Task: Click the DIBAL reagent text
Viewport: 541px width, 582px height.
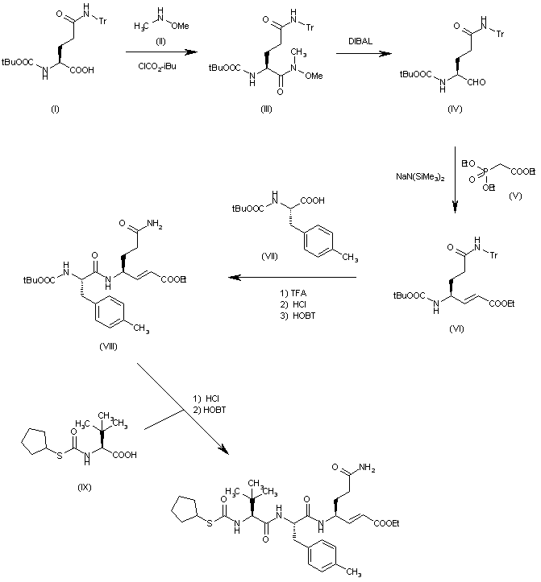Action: (348, 46)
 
